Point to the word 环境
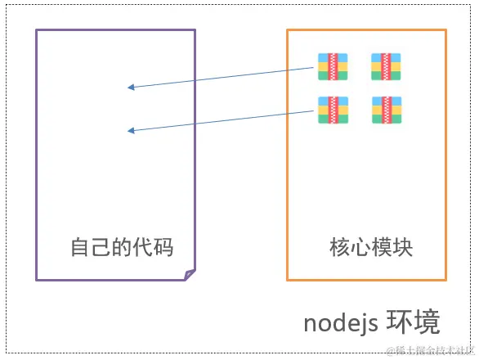pos(414,322)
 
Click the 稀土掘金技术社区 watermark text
pos(431,350)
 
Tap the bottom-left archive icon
pos(334,110)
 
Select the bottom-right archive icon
pos(387,110)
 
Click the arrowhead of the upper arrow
pos(131,87)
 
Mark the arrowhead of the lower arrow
pos(131,130)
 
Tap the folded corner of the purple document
pos(190,275)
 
